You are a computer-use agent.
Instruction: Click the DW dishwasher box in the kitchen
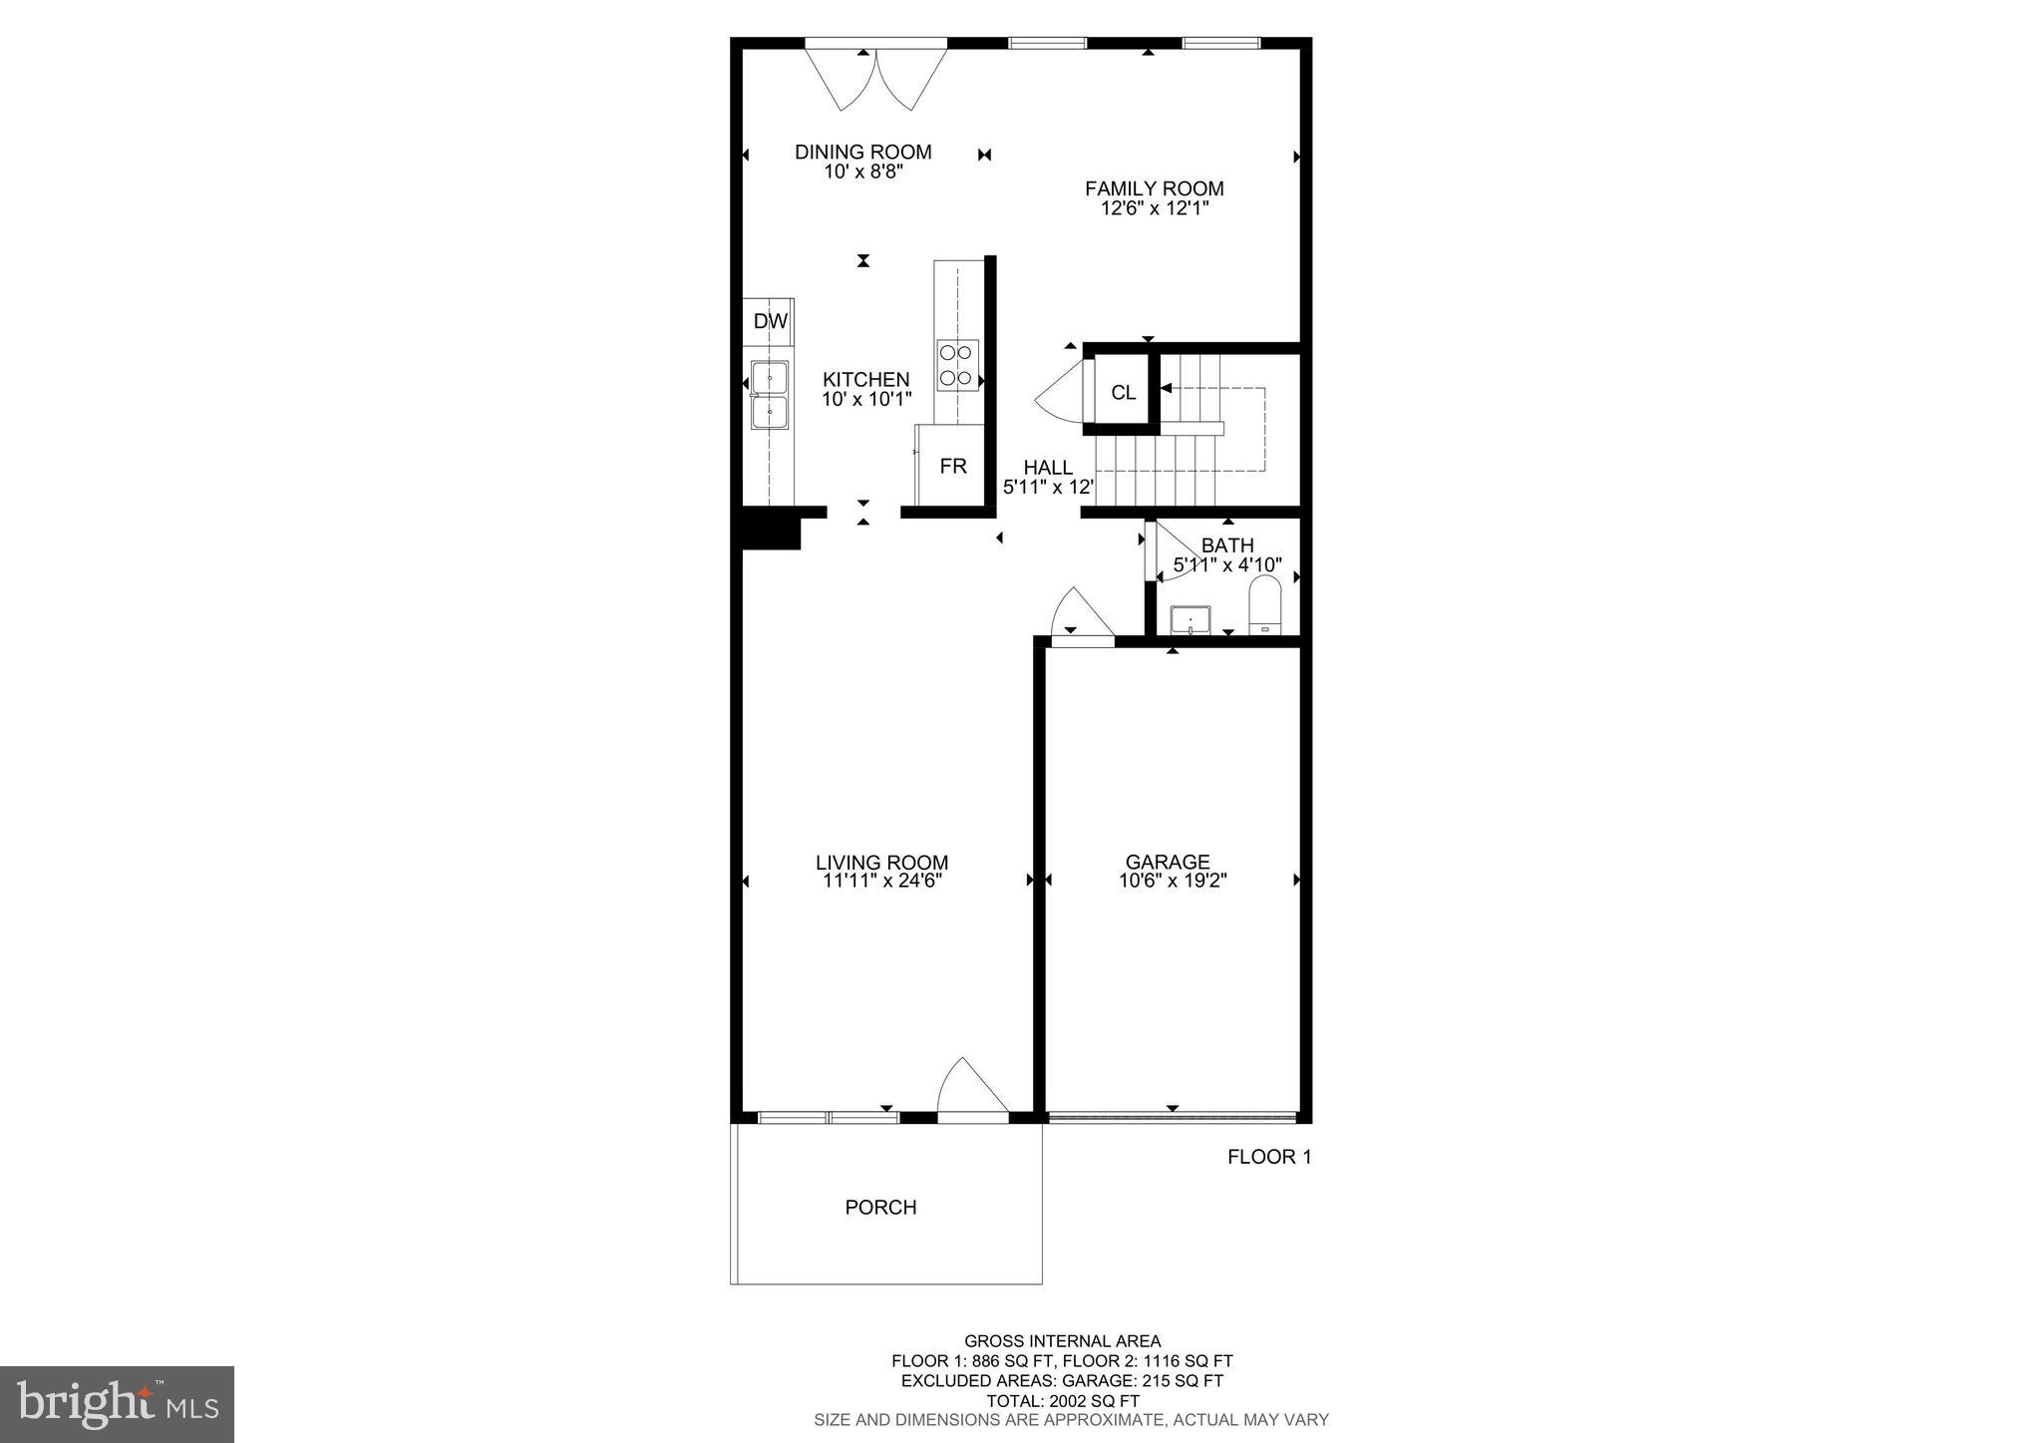769,321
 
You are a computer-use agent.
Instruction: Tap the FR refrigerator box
953,467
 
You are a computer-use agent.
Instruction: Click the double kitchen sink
770,395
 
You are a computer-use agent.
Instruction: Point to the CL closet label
1123,393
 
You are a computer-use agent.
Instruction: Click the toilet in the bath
1264,607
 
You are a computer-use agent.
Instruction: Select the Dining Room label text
862,152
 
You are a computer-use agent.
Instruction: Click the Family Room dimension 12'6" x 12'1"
1154,208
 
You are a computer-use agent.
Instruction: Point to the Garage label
1168,862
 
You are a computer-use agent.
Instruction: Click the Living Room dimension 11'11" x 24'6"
881,881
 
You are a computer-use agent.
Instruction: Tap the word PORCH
880,1207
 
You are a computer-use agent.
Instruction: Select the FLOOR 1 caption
1268,1157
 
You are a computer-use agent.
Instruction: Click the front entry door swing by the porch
971,1089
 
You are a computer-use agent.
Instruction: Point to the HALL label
1048,467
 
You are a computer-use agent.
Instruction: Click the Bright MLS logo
117,1404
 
